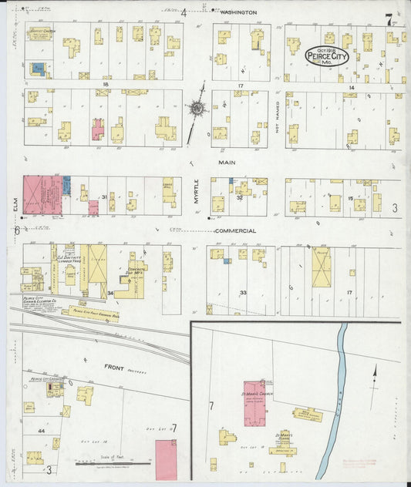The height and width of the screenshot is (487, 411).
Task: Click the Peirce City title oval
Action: (x=326, y=55)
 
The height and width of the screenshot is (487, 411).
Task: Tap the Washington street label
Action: (x=237, y=13)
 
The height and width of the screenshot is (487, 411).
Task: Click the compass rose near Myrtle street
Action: (x=197, y=109)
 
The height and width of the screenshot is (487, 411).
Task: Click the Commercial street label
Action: (x=234, y=231)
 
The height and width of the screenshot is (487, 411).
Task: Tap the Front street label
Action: (x=115, y=368)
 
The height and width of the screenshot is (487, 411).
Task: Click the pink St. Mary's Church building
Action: (x=254, y=402)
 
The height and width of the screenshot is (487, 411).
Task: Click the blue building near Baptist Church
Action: (x=38, y=69)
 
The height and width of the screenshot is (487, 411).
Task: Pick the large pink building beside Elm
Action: (x=42, y=194)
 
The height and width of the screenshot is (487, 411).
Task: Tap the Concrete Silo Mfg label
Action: (x=137, y=272)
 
